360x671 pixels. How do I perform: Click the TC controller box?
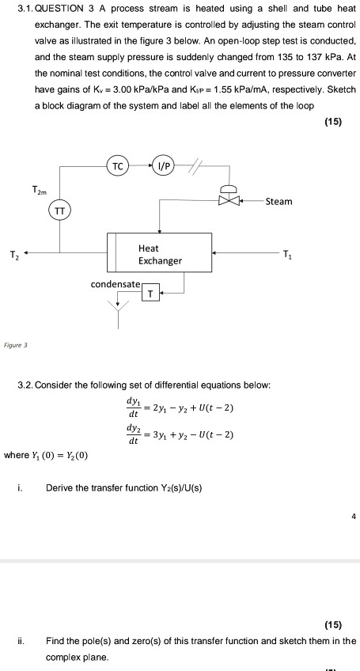[x=117, y=168]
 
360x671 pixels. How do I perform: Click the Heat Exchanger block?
[x=159, y=254]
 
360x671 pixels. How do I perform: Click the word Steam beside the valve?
[x=279, y=201]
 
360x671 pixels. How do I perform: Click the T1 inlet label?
[x=290, y=254]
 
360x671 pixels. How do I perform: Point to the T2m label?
[x=39, y=190]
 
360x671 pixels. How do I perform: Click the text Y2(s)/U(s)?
[x=177, y=488]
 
